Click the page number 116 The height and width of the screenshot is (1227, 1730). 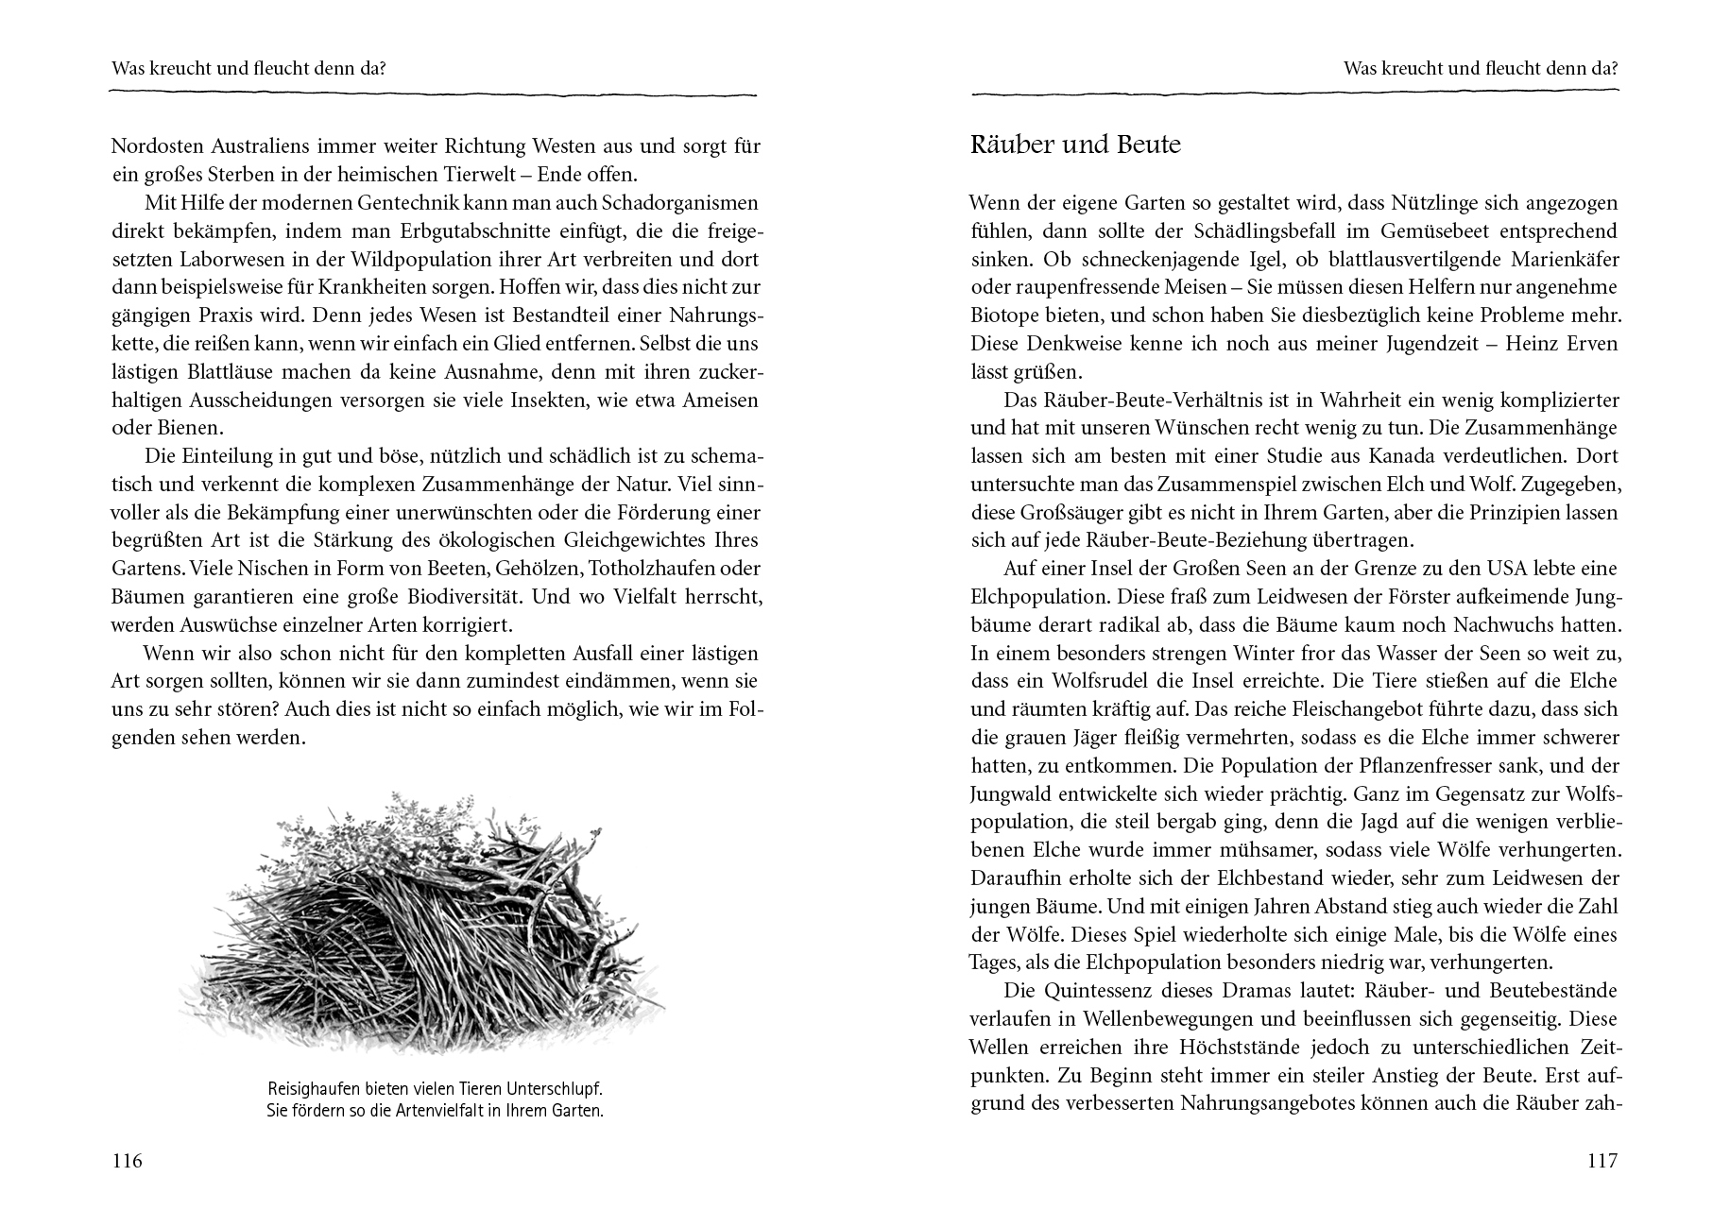point(127,1161)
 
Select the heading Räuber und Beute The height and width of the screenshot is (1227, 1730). point(1075,145)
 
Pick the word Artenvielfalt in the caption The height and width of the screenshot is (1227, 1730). point(454,1110)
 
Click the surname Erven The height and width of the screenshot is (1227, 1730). point(1590,344)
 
